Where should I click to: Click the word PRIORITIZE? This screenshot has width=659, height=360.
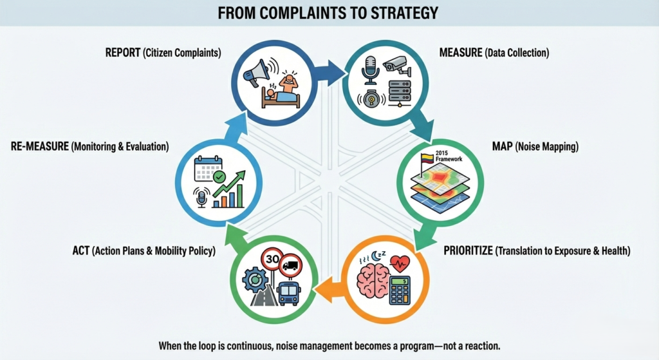(x=469, y=251)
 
